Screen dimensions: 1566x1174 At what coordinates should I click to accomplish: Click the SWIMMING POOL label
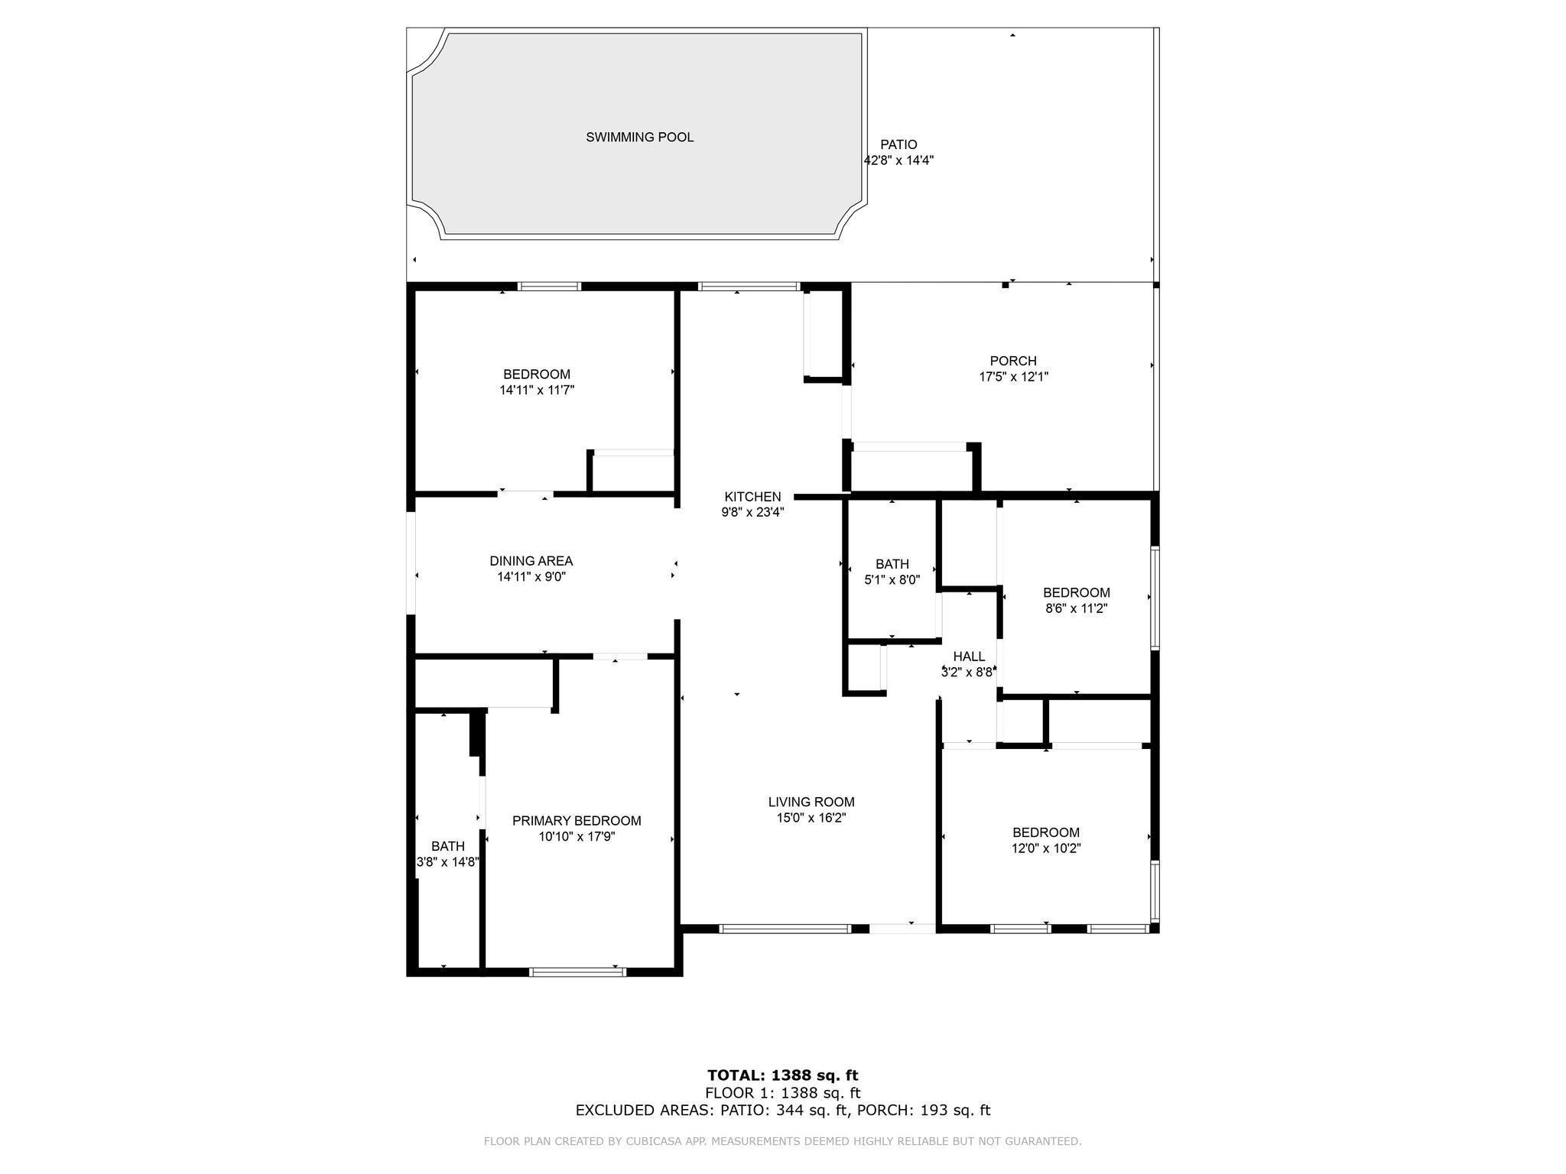640,138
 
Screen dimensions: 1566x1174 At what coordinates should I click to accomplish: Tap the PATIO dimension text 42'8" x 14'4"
898,161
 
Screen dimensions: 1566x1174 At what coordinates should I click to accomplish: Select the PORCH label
1013,361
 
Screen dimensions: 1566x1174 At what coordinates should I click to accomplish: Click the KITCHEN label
753,497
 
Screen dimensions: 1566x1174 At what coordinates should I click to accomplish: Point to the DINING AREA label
531,561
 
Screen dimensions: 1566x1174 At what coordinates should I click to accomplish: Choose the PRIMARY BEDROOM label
577,821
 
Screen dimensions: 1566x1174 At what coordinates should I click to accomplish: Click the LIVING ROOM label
811,802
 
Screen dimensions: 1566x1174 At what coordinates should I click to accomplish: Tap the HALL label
969,657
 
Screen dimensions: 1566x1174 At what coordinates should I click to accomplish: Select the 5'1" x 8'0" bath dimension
892,580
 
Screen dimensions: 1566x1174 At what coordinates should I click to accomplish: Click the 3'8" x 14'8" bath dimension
448,862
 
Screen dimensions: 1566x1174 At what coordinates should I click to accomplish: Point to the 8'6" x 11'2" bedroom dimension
1077,608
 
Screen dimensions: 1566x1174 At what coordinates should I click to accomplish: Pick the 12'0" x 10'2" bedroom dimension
1046,848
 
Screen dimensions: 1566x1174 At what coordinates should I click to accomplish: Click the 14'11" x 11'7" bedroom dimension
537,390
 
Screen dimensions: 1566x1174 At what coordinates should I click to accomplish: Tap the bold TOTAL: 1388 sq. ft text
783,1075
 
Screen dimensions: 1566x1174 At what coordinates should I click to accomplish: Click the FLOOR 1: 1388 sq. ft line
783,1093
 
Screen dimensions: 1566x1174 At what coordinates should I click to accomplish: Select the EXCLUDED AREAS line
783,1111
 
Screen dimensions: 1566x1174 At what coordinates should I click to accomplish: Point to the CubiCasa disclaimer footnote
783,1141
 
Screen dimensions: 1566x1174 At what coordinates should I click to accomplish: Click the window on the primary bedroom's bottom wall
577,972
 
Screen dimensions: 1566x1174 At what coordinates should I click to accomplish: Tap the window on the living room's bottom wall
785,929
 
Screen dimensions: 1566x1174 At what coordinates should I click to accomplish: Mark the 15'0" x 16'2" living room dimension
811,818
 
